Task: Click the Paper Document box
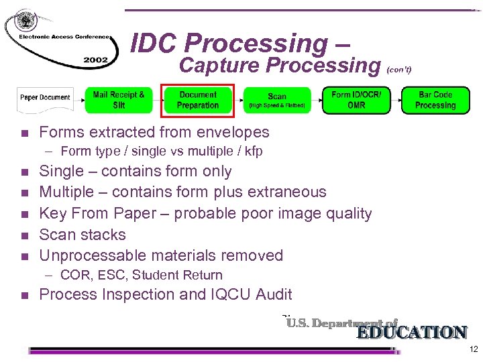point(45,98)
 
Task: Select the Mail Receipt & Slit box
point(119,100)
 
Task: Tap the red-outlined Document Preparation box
point(198,100)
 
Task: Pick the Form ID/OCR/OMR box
point(356,100)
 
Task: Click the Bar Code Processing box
point(435,100)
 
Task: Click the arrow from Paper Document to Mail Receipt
point(78,99)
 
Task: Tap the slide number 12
point(474,350)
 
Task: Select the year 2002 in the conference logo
point(96,60)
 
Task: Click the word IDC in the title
point(154,44)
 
